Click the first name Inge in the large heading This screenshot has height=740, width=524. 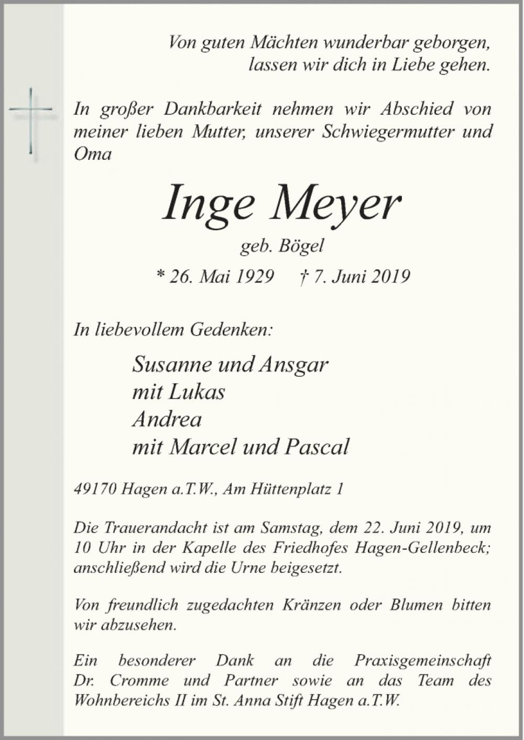(208, 204)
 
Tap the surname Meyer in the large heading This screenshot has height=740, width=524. (335, 204)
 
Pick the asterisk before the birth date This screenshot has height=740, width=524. (161, 275)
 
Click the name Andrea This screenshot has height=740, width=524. (167, 419)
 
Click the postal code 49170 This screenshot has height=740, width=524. (95, 489)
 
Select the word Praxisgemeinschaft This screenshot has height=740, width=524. (422, 660)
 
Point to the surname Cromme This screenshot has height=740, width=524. (139, 680)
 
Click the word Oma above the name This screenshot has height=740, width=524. (93, 154)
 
